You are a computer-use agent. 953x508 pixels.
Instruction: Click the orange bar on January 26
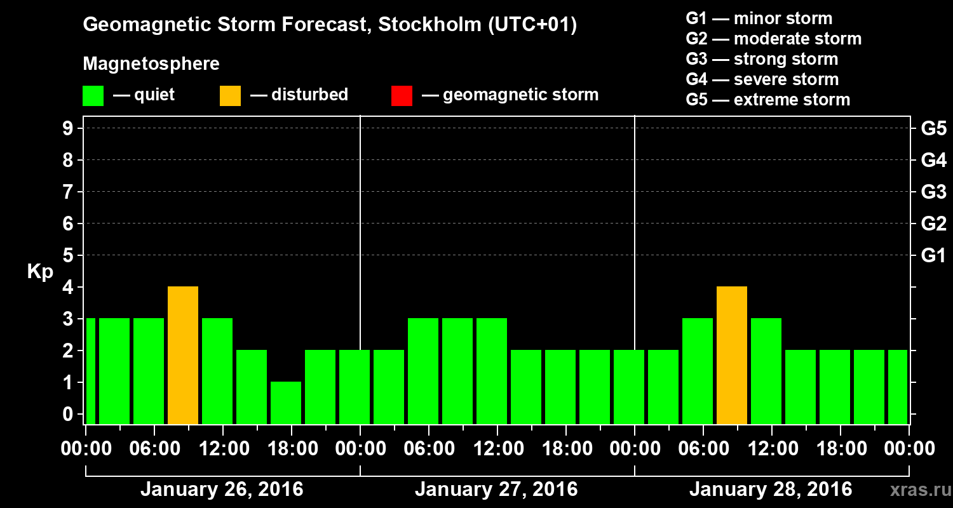pyautogui.click(x=183, y=355)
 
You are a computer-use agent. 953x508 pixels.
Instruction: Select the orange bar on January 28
pyautogui.click(x=732, y=355)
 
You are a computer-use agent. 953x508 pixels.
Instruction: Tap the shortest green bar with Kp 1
pyautogui.click(x=286, y=403)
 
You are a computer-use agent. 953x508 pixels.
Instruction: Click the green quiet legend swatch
pyautogui.click(x=93, y=96)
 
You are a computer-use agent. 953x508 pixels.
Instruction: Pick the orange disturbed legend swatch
pyautogui.click(x=230, y=96)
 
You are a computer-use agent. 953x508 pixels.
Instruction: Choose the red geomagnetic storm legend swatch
pyautogui.click(x=402, y=96)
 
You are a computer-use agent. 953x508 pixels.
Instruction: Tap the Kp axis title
pyautogui.click(x=40, y=272)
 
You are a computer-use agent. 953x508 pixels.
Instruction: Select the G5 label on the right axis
pyautogui.click(x=933, y=129)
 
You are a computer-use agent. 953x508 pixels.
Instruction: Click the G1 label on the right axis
pyautogui.click(x=933, y=256)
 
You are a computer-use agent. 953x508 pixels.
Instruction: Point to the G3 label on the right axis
pyautogui.click(x=933, y=192)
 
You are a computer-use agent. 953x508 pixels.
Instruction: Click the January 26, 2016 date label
pyautogui.click(x=222, y=490)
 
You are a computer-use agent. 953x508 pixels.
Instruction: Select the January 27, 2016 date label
pyautogui.click(x=496, y=490)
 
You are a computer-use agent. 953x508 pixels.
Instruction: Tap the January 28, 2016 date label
pyautogui.click(x=771, y=490)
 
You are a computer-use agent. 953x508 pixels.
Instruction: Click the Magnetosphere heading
pyautogui.click(x=151, y=64)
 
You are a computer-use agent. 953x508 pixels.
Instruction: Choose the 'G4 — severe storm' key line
pyautogui.click(x=762, y=79)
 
